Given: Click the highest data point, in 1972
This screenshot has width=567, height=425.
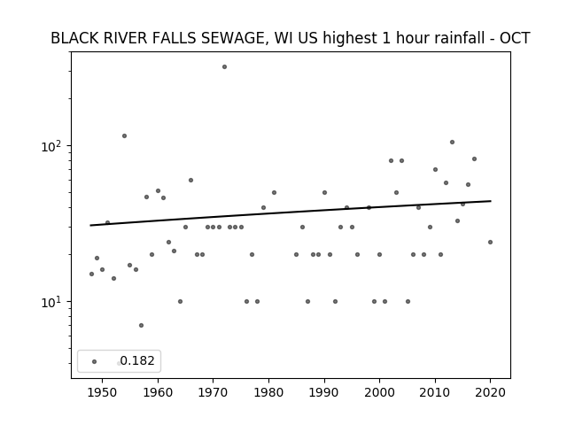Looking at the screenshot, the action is click(x=224, y=67).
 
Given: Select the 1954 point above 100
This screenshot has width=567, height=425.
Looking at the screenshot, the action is click(x=124, y=135).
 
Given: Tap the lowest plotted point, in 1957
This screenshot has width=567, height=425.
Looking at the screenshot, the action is click(x=141, y=325).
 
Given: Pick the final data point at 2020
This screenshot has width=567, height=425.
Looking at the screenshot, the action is click(x=490, y=242).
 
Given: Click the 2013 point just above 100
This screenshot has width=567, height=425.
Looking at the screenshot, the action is click(x=452, y=142).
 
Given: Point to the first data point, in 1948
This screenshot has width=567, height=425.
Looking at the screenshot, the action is click(x=91, y=274).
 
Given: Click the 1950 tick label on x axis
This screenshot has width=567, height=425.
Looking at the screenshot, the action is click(x=103, y=392).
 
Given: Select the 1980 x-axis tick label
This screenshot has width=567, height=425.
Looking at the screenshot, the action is click(x=268, y=392).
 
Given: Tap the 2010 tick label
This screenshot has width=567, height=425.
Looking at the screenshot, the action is click(x=435, y=392).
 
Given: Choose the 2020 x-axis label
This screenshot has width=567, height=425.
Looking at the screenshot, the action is click(x=490, y=392).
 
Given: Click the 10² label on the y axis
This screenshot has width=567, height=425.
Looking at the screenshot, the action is click(x=54, y=146).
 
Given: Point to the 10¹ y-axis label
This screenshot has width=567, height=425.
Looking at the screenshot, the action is click(x=54, y=302).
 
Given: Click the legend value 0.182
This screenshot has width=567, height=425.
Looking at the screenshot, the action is click(x=137, y=360).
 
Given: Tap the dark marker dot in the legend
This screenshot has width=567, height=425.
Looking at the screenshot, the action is click(x=95, y=361).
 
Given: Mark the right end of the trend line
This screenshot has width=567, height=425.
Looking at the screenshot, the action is click(x=491, y=201).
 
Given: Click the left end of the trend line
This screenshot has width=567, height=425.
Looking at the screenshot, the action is click(x=90, y=226).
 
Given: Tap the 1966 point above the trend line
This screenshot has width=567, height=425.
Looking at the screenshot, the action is click(x=191, y=180).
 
